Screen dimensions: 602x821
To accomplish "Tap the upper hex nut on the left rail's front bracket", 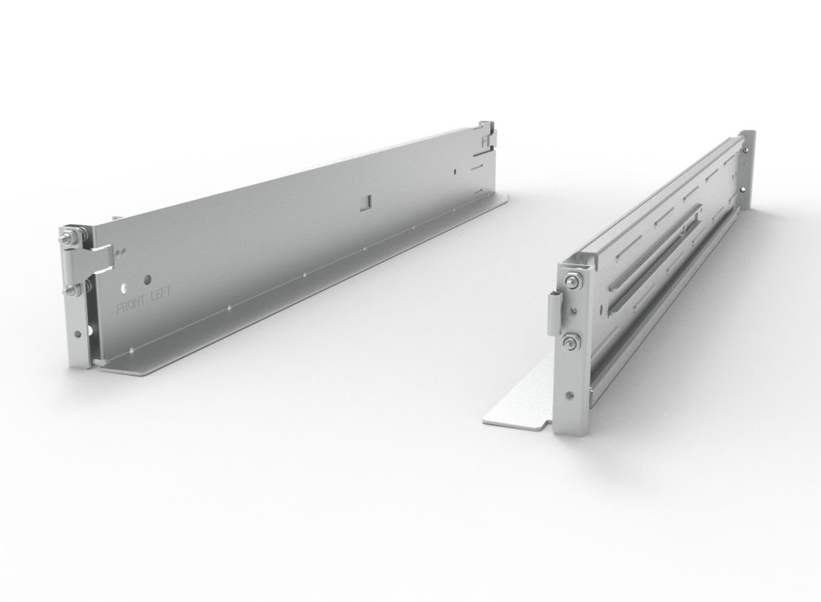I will (x=67, y=237).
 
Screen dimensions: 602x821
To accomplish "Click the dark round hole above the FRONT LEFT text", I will (x=147, y=279).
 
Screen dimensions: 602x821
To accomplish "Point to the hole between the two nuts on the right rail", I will (x=571, y=311).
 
